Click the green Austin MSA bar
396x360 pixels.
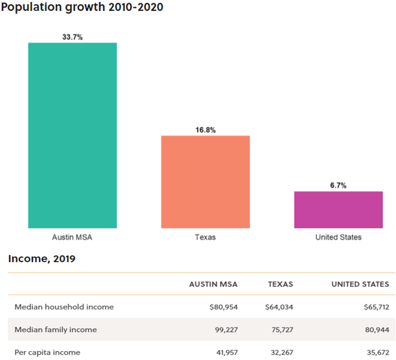72,135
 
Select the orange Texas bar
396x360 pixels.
205,181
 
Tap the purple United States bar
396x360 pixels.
338,209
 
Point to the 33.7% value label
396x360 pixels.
72,37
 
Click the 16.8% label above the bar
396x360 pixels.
205,129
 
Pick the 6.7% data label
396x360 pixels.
338,185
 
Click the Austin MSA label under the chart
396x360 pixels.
72,237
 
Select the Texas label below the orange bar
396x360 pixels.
205,237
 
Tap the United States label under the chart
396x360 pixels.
338,237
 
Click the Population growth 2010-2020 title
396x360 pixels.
82,8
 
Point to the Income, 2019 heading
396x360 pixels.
41,259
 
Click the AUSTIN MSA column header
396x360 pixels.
213,284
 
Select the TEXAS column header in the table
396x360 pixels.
281,284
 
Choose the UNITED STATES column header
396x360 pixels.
360,284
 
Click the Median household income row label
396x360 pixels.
64,307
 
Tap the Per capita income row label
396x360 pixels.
47,352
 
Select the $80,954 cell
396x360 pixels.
222,307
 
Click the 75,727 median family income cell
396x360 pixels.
279,330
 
